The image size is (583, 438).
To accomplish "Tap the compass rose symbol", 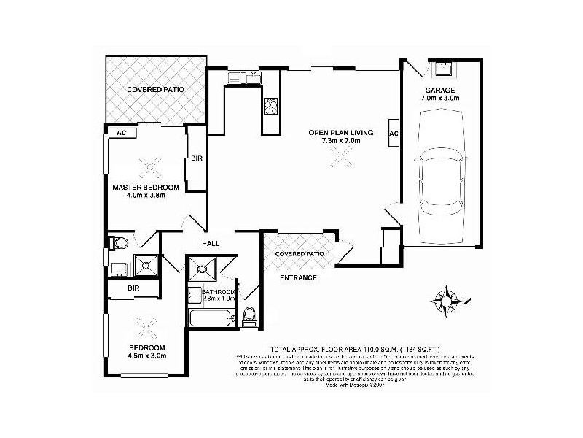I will click(x=445, y=299).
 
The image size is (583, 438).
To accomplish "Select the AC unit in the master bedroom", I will click(x=122, y=133).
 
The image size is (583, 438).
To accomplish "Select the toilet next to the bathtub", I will click(x=249, y=315).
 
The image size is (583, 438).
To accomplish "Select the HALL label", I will click(x=212, y=245).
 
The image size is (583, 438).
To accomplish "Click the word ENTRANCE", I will click(x=299, y=278).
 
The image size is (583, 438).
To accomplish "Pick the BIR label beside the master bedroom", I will click(x=196, y=158).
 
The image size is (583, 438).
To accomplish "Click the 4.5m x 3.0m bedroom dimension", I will click(x=148, y=356).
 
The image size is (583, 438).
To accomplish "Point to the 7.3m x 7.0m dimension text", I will click(x=341, y=142).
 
